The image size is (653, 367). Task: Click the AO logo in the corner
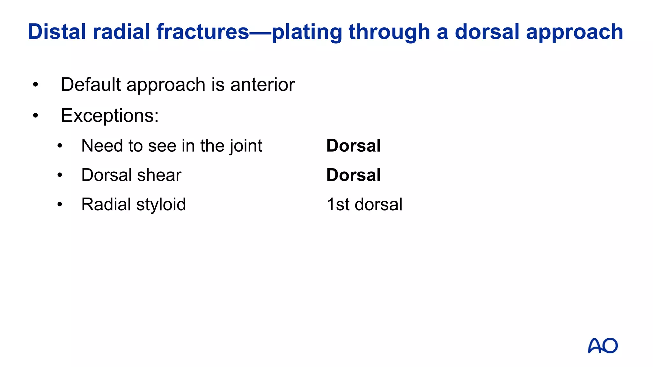pos(602,346)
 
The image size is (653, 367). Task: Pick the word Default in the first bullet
pos(91,85)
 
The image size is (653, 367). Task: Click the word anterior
pos(262,85)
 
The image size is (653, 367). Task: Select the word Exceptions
pos(110,115)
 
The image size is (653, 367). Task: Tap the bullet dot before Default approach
pos(35,85)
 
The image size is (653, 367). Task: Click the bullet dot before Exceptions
pos(35,115)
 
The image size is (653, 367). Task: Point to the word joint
pos(246,146)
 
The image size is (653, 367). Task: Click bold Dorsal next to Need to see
pos(353,146)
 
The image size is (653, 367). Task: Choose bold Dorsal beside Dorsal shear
pos(353,175)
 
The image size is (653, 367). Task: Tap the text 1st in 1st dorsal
pos(338,205)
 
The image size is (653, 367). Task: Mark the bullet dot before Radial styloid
pos(60,205)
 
